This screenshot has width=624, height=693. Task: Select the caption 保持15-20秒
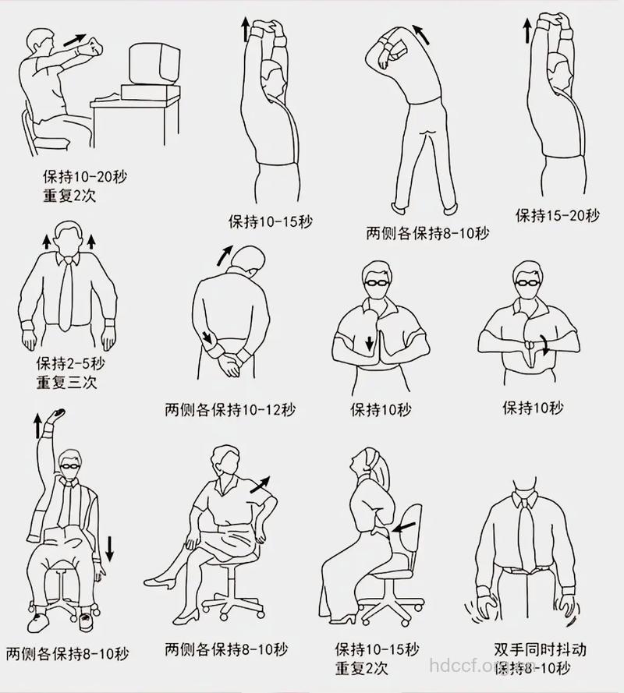coord(557,215)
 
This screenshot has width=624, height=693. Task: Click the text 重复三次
coord(66,382)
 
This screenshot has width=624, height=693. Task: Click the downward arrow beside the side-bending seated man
coord(109,547)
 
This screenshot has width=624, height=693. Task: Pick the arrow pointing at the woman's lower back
coord(404,529)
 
